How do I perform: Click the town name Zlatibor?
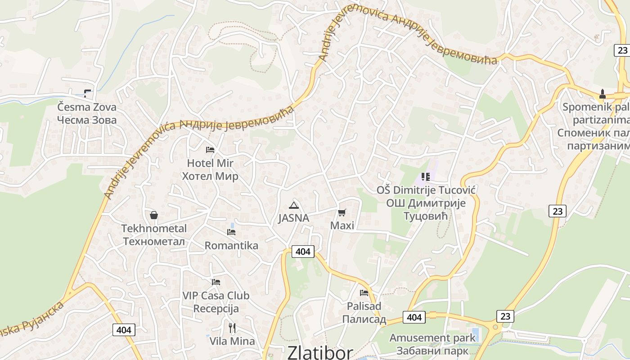click(x=320, y=352)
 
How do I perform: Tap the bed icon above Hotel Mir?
click(x=210, y=150)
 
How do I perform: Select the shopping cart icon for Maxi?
click(x=342, y=212)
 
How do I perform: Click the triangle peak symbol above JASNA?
click(x=294, y=206)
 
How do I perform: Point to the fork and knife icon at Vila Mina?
click(x=232, y=328)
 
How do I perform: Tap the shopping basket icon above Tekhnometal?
click(x=154, y=215)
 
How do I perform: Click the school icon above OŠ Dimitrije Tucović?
click(x=426, y=177)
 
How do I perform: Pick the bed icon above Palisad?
click(x=364, y=293)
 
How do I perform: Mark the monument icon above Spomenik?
click(x=603, y=94)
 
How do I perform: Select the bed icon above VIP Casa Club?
click(x=216, y=282)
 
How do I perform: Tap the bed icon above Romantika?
click(x=231, y=232)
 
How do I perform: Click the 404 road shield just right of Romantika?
click(x=303, y=252)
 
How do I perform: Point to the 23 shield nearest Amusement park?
click(x=505, y=316)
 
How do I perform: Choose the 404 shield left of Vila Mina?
click(x=124, y=330)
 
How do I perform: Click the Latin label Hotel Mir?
click(x=210, y=163)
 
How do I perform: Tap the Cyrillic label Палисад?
click(x=364, y=319)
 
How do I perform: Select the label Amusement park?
click(x=432, y=337)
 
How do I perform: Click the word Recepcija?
click(x=216, y=309)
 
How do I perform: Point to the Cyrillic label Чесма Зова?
click(x=87, y=120)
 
